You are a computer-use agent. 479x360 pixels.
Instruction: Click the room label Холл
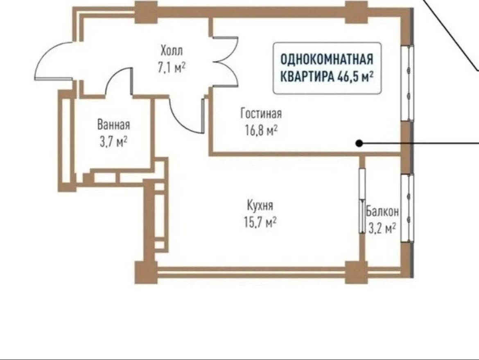[172, 50]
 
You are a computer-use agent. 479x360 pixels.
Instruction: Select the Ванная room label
[114, 125]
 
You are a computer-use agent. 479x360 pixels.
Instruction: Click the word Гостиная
[261, 113]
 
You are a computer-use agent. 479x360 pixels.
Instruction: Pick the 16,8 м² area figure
[261, 130]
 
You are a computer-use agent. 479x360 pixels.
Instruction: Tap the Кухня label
[260, 205]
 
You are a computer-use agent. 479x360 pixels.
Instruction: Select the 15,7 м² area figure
[260, 222]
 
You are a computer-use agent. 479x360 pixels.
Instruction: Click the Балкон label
[382, 211]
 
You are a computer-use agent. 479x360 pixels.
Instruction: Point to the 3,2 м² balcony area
[382, 228]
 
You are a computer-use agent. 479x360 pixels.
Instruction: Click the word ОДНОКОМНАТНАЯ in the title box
[327, 59]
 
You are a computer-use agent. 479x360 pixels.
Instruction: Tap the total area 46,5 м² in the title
[355, 77]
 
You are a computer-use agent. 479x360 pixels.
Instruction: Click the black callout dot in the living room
[359, 143]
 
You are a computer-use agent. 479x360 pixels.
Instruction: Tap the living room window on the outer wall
[407, 83]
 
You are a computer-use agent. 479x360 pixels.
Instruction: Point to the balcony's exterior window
[407, 208]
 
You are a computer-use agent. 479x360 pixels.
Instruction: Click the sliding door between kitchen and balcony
[362, 201]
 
